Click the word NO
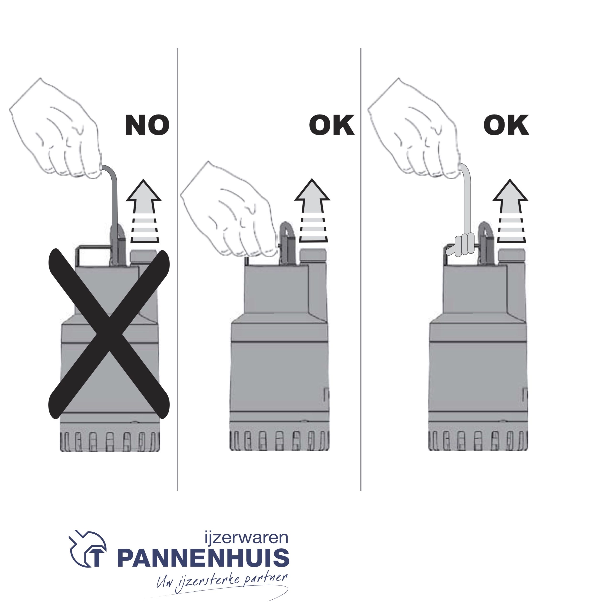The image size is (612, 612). tap(147, 125)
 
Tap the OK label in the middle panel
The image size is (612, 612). tap(331, 125)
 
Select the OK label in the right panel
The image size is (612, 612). tap(506, 125)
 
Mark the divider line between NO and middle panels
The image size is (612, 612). tap(177, 269)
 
